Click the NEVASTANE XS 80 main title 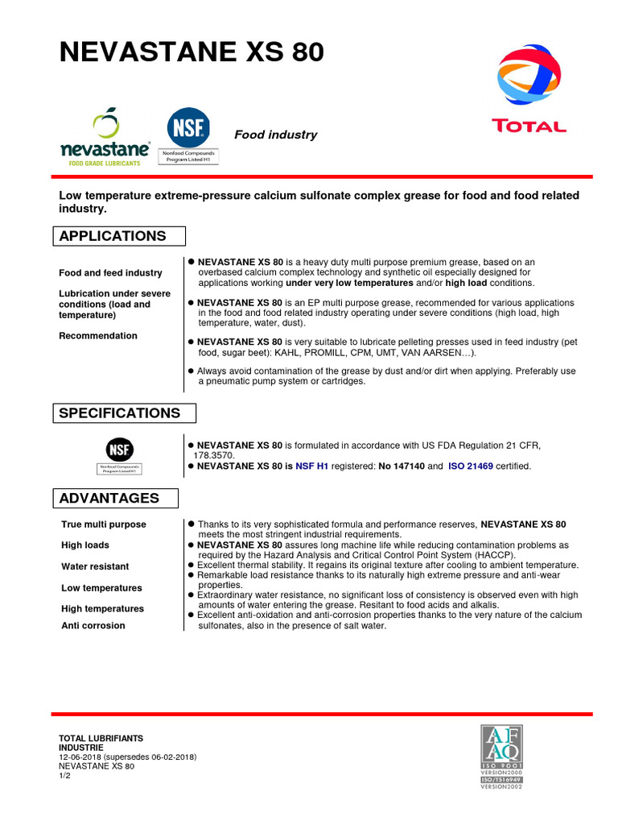click(x=192, y=52)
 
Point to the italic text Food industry click(x=275, y=135)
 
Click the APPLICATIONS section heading click(x=113, y=236)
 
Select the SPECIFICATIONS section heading click(x=119, y=413)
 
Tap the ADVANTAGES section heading click(x=109, y=498)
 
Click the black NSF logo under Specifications click(x=120, y=450)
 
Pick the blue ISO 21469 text click(x=471, y=466)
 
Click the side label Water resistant click(x=95, y=566)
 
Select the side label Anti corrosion click(x=93, y=625)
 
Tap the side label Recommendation click(x=98, y=336)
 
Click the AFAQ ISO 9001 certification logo click(x=501, y=756)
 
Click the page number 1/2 click(x=65, y=776)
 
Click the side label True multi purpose click(x=104, y=524)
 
